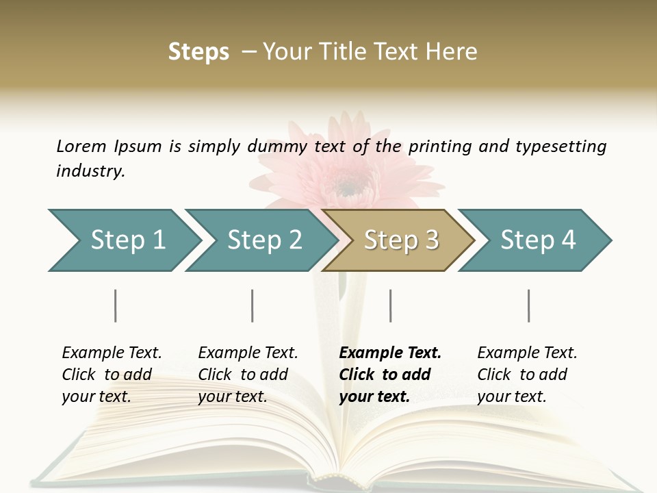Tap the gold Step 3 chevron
(x=400, y=240)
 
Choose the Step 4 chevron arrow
(x=537, y=240)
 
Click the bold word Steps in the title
(x=198, y=52)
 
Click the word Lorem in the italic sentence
(x=81, y=146)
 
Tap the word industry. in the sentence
(x=90, y=170)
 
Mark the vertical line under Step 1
(x=116, y=305)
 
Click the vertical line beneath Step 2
(x=253, y=305)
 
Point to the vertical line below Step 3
(x=390, y=305)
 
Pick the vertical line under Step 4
(x=528, y=305)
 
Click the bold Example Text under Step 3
(x=390, y=374)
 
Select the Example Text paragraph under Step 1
(x=112, y=374)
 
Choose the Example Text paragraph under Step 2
(x=248, y=374)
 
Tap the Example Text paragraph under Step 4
(x=527, y=374)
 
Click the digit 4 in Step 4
(x=568, y=240)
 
